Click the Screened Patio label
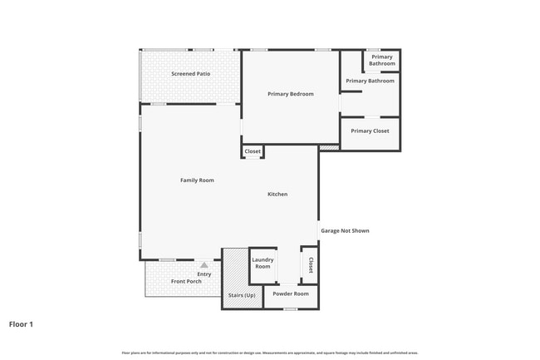(190, 74)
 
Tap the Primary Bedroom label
(290, 94)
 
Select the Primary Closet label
(370, 131)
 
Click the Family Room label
(197, 180)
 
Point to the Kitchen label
(277, 194)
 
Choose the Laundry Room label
(263, 263)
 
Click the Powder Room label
(290, 293)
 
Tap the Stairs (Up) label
(241, 295)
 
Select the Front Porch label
(186, 281)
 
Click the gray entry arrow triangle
(204, 264)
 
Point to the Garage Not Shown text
(345, 230)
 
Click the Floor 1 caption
(21, 323)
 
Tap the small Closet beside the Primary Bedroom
(253, 151)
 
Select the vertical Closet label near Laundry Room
(310, 264)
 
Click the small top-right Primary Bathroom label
(381, 60)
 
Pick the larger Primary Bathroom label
(370, 81)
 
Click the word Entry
(204, 274)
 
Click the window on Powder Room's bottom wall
(290, 309)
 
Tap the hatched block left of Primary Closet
(329, 148)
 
